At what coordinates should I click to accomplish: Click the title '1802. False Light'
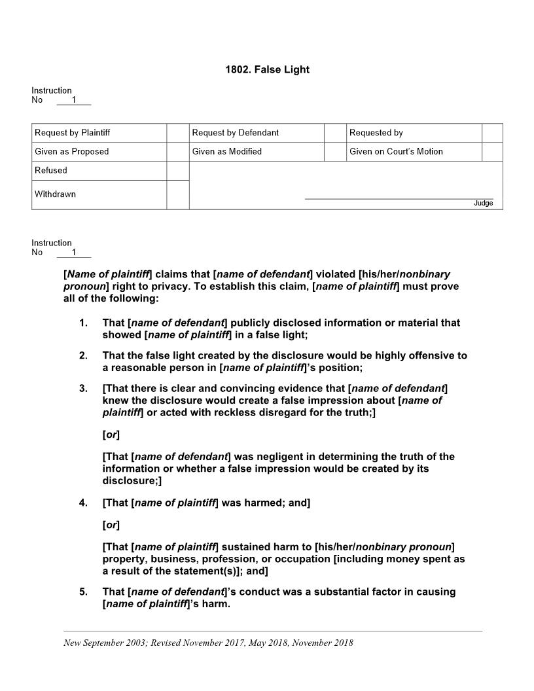pos(267,69)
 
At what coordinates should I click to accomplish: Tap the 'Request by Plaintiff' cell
pos(73,133)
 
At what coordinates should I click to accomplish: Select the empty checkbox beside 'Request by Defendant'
pos(334,133)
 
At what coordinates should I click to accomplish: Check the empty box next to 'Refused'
pos(177,171)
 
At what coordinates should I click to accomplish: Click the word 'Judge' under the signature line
pos(483,204)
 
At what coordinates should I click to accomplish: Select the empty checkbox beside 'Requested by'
pos(492,133)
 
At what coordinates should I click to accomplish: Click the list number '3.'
pos(83,389)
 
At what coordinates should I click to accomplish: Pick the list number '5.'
pos(83,592)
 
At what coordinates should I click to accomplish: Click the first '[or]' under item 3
pos(111,434)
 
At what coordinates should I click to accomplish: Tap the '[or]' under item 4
pos(111,525)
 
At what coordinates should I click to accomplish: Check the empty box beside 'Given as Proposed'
pos(177,152)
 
